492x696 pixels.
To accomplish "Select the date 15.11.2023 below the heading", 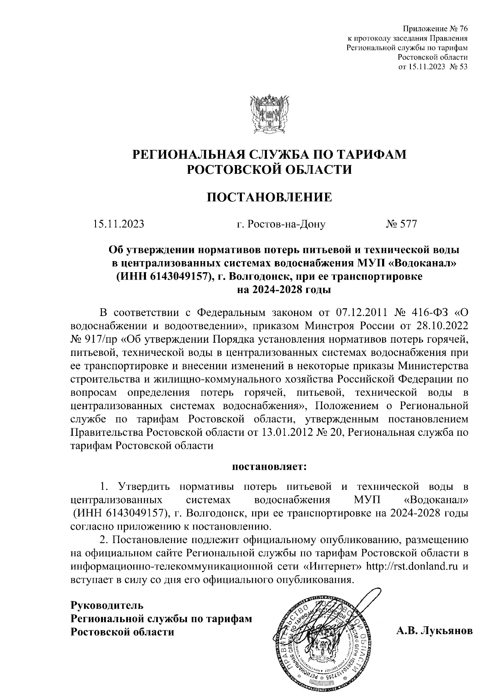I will pyautogui.click(x=118, y=224).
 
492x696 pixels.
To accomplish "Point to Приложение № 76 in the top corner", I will pyautogui.click(x=435, y=29).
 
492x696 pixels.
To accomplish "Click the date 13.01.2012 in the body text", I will pyautogui.click(x=286, y=432).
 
